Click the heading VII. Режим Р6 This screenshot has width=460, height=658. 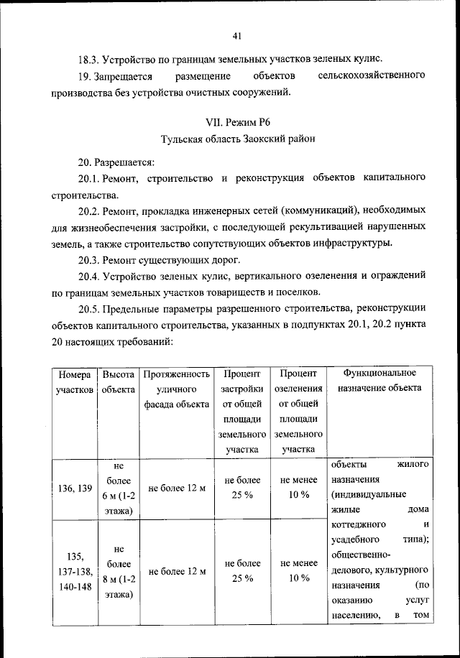pyautogui.click(x=238, y=123)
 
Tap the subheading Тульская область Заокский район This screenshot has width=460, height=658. pyautogui.click(x=238, y=138)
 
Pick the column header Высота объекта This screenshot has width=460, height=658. pyautogui.click(x=119, y=381)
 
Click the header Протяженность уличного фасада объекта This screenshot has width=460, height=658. pyautogui.click(x=176, y=389)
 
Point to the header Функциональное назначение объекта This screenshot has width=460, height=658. pyautogui.click(x=380, y=381)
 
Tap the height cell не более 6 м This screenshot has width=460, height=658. pyautogui.click(x=119, y=488)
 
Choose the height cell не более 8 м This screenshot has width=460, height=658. pyautogui.click(x=119, y=571)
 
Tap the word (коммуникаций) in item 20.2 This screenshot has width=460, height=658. pyautogui.click(x=320, y=210)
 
